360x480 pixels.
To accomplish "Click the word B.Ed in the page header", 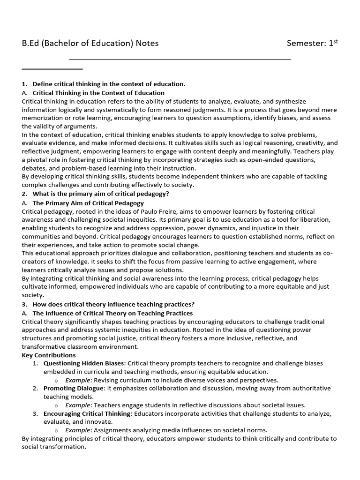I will pyautogui.click(x=30, y=44).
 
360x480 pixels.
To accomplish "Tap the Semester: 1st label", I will pyautogui.click(x=312, y=44).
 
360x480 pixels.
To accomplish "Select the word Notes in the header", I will pyautogui.click(x=147, y=44).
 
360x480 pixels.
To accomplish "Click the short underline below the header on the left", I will pyautogui.click(x=45, y=69).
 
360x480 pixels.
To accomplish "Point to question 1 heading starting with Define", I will pyautogui.click(x=109, y=84).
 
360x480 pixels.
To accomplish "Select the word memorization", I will pyautogui.click(x=42, y=118).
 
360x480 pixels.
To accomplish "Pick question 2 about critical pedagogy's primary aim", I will pyautogui.click(x=101, y=194).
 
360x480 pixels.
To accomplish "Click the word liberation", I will pyautogui.click(x=314, y=220).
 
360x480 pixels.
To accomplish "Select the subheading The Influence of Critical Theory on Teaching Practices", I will pyautogui.click(x=112, y=313).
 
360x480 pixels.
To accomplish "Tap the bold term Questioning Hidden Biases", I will pyautogui.click(x=84, y=363).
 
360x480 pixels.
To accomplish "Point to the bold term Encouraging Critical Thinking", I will pyautogui.click(x=87, y=413).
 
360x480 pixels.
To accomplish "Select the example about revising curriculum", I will pyautogui.click(x=172, y=380).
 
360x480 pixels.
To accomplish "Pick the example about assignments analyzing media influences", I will pyautogui.click(x=166, y=430).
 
